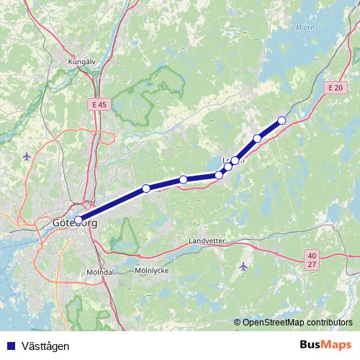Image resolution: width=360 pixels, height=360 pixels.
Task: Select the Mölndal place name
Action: (100, 272)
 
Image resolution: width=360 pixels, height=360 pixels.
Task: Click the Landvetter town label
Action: (207, 240)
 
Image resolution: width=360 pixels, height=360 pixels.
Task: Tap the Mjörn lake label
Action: (306, 29)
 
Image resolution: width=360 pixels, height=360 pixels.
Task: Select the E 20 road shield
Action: (333, 88)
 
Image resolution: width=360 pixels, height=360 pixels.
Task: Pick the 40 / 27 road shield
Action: (311, 259)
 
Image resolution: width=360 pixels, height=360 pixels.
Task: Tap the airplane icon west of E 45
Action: (27, 156)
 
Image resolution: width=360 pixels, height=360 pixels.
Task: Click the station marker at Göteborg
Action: (78, 220)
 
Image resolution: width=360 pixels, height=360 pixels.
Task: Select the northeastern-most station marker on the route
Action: (282, 120)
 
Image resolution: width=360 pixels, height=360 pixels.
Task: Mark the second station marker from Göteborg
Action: (146, 189)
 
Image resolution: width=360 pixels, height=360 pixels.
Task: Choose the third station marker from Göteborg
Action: (184, 179)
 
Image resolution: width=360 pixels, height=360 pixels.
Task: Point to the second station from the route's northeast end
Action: (257, 138)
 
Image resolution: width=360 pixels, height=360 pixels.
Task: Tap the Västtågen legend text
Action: (45, 346)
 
